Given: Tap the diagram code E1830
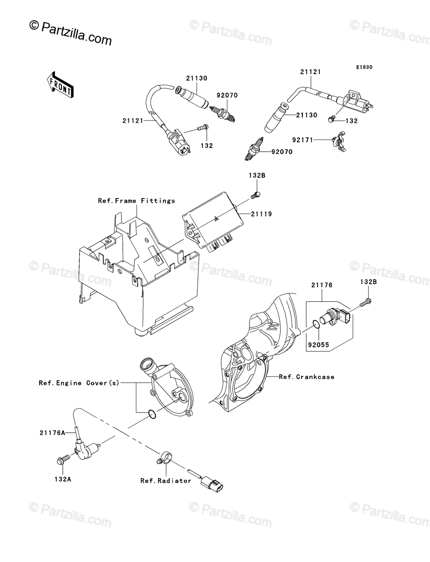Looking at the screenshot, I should [363, 67].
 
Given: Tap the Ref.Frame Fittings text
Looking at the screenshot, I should [136, 200].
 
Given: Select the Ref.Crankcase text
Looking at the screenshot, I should [307, 377].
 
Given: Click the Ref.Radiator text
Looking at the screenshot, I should [166, 481].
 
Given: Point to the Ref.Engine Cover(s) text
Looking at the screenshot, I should [79, 383].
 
